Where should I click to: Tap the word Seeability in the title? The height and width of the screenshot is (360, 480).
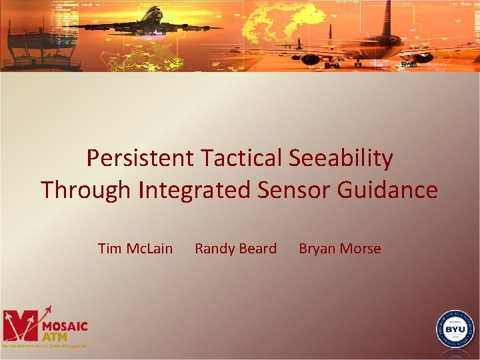tap(341, 159)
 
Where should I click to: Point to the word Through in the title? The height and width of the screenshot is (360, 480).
tap(86, 190)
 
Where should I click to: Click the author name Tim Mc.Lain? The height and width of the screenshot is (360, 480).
tap(135, 249)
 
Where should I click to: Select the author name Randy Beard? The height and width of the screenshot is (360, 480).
tap(235, 249)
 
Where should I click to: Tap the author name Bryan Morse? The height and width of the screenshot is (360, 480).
tap(339, 249)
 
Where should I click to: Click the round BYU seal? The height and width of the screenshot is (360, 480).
tap(455, 329)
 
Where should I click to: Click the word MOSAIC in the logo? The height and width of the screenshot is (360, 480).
tap(65, 326)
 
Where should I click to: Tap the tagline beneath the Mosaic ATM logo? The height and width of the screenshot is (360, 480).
tap(44, 346)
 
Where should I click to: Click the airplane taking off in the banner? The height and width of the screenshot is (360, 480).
tap(147, 23)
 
